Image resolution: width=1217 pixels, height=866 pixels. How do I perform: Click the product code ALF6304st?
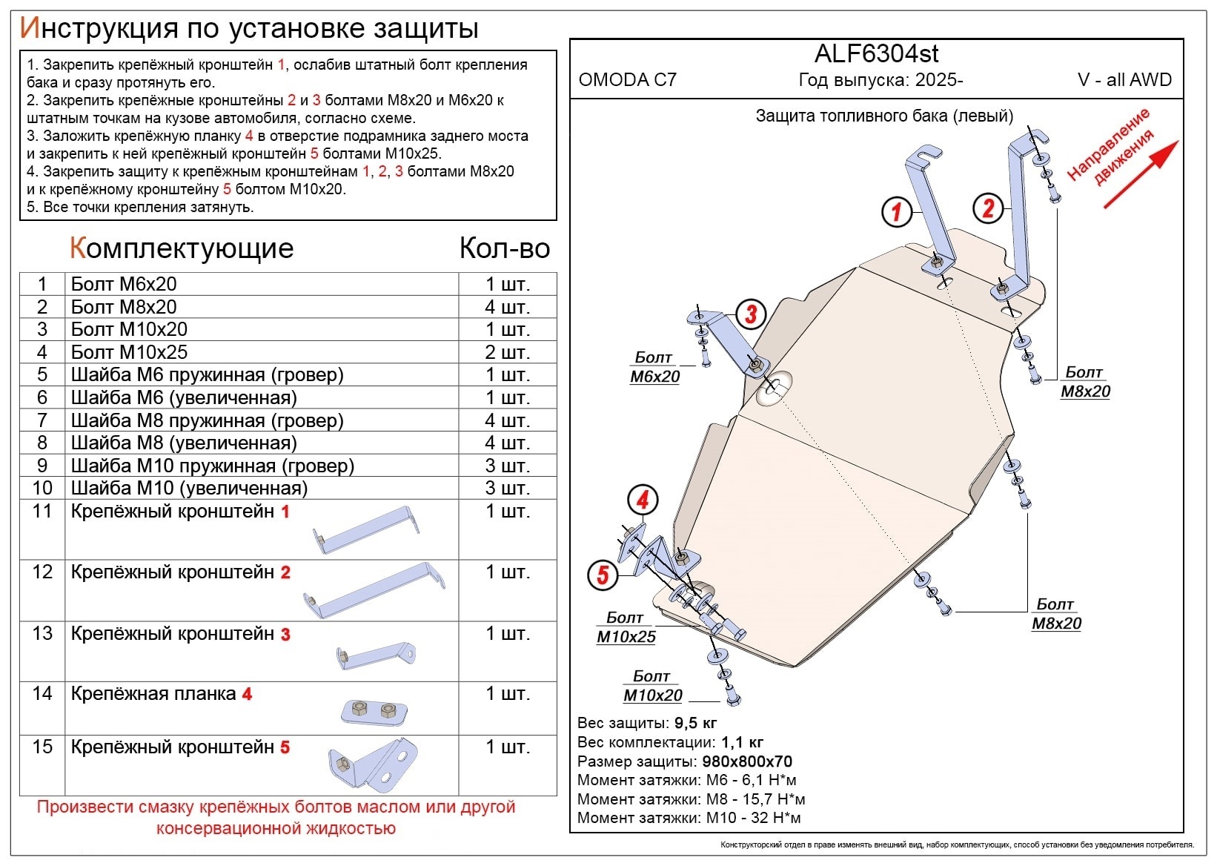(x=877, y=54)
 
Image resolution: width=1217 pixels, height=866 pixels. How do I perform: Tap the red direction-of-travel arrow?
(x=1141, y=173)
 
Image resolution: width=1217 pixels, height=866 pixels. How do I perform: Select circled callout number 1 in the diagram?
(x=896, y=212)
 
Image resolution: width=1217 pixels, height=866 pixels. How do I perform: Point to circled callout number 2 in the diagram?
(x=988, y=208)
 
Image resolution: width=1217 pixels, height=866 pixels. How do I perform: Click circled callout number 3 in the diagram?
(x=751, y=314)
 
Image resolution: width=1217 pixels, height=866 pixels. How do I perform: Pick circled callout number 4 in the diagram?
(x=643, y=500)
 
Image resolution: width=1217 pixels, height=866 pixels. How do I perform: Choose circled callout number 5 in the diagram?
(x=603, y=575)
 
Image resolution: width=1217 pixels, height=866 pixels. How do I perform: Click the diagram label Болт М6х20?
(x=654, y=367)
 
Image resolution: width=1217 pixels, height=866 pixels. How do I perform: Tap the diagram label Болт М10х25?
(x=626, y=627)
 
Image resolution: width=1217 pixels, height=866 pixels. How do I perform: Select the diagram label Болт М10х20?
(x=652, y=686)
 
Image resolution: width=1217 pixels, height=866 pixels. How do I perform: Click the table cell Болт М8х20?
(x=124, y=307)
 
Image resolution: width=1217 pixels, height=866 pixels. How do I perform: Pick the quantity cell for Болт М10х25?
(x=507, y=352)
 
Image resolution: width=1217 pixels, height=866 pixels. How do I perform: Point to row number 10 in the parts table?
(x=42, y=488)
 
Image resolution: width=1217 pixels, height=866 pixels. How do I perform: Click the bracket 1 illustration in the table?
(x=366, y=530)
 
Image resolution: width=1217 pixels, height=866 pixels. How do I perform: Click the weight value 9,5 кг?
(x=695, y=723)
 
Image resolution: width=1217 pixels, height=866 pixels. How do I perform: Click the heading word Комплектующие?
(x=182, y=248)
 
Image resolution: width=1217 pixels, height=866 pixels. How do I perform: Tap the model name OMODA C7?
(x=627, y=80)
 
